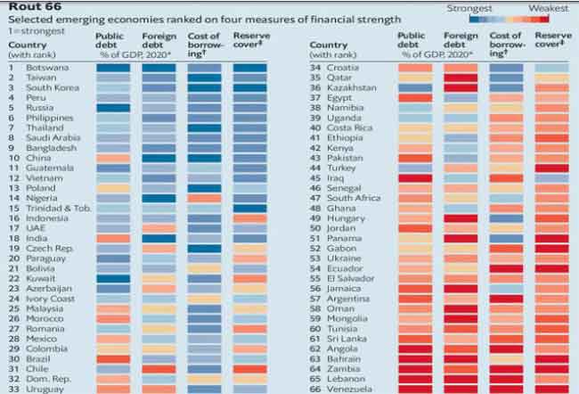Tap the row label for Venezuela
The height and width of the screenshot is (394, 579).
(x=353, y=389)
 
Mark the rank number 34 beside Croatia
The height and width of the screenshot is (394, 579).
(x=314, y=67)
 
